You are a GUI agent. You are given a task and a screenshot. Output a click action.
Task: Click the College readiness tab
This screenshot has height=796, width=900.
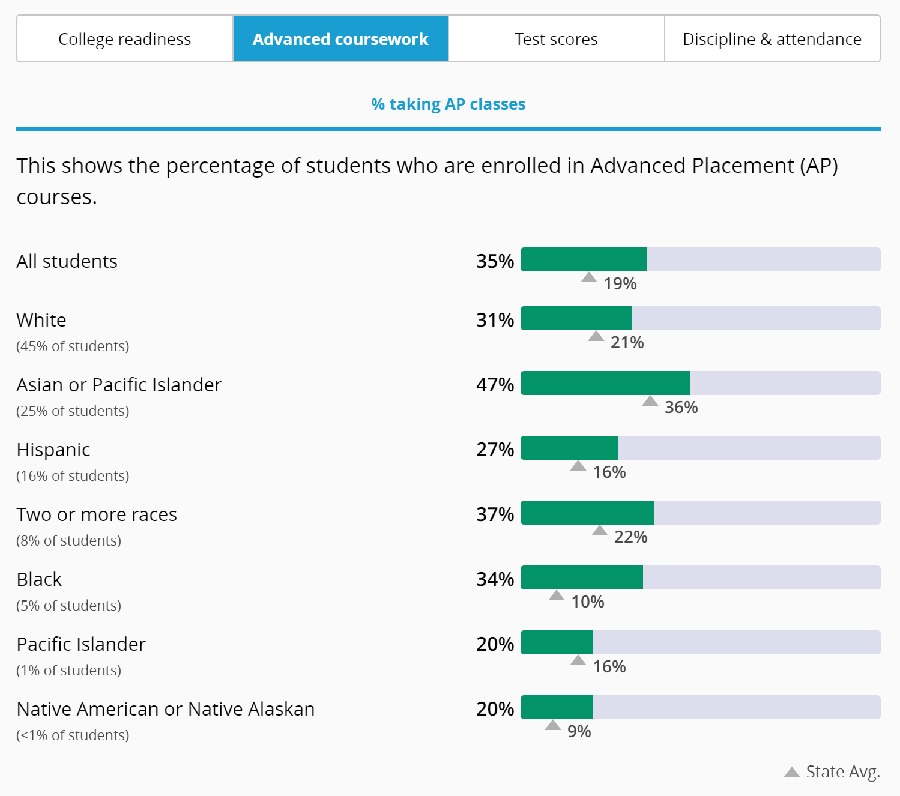tap(124, 39)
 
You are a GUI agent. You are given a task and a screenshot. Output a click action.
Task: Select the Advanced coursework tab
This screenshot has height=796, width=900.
tap(340, 39)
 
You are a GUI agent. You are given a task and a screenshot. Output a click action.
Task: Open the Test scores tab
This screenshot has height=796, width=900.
tap(556, 39)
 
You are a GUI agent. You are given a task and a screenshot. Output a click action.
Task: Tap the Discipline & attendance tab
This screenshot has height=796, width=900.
tap(772, 39)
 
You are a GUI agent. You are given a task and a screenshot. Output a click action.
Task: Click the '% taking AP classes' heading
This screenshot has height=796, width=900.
tap(448, 104)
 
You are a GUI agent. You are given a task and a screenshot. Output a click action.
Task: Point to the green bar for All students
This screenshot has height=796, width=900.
tap(584, 259)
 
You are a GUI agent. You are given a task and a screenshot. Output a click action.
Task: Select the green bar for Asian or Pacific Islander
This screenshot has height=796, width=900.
tap(605, 383)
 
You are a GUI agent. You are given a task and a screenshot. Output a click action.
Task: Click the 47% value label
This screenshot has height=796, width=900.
tap(495, 385)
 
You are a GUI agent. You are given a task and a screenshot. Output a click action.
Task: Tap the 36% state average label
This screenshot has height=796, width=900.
tap(681, 408)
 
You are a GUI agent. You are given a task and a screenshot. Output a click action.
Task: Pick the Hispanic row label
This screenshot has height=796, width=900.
tap(53, 450)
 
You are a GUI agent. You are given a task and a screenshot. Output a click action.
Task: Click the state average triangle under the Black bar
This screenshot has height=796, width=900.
tap(557, 595)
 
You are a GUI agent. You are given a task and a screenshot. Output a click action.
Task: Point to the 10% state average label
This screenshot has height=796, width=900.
tap(587, 602)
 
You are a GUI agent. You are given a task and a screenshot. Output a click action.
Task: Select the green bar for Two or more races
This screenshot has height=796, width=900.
tap(587, 513)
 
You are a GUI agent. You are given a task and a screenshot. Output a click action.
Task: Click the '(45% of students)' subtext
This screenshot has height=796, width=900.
tap(73, 346)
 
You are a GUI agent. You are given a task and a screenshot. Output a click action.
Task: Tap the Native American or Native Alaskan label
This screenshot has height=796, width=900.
tap(165, 709)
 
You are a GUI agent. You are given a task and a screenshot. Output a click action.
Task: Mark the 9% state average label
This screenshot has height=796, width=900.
tap(579, 732)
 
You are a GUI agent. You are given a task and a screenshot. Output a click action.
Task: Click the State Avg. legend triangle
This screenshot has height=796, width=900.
tap(791, 772)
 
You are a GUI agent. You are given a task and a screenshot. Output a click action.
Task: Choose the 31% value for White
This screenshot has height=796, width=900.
tap(495, 320)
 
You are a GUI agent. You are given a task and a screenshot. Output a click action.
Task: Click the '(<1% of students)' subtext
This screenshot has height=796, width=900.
tap(73, 735)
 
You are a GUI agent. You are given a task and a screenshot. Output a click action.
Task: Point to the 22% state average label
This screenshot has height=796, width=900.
tap(630, 537)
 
